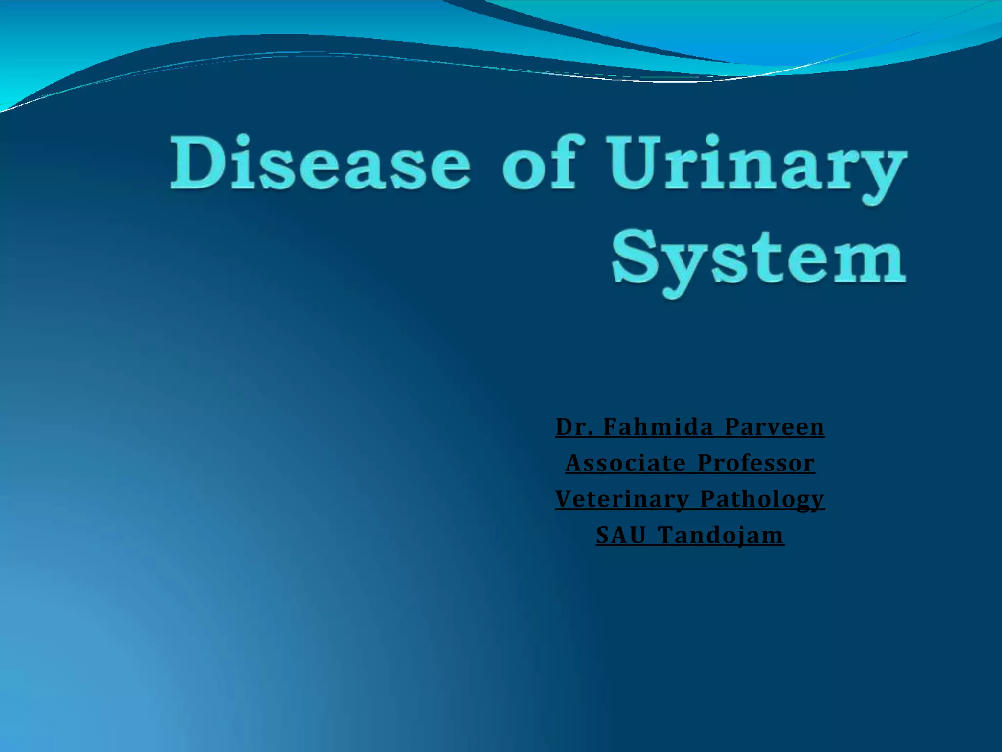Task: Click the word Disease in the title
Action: [x=320, y=163]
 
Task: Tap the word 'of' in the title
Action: [x=543, y=163]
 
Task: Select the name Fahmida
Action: [x=658, y=427]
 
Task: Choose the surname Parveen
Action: [x=774, y=427]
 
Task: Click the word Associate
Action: [x=625, y=463]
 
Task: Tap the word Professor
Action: [x=756, y=463]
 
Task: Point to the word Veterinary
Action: [x=622, y=499]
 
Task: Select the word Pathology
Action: [x=762, y=499]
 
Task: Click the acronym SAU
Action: [x=620, y=535]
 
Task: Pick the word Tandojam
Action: [x=720, y=535]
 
